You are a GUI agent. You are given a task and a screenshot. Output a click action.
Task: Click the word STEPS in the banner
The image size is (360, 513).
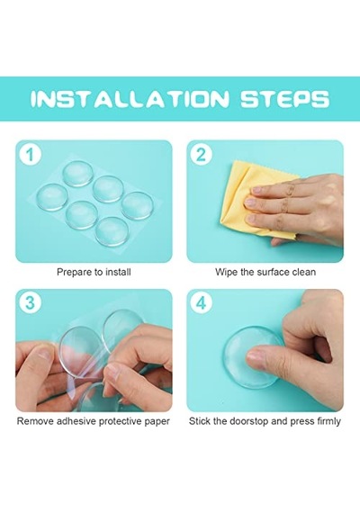[x=285, y=98]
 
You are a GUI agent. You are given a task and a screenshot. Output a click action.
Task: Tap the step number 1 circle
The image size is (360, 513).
[x=30, y=155]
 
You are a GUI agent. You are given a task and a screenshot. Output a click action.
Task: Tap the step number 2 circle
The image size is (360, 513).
[x=202, y=155]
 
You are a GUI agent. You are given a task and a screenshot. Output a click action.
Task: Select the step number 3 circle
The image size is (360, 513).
[x=30, y=303]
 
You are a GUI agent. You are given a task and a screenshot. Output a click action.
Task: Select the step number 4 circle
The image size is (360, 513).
[x=202, y=303]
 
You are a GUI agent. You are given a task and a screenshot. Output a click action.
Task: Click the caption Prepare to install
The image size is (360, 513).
[x=94, y=272]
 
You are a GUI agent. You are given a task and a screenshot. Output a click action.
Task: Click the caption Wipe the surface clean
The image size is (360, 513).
[x=265, y=272]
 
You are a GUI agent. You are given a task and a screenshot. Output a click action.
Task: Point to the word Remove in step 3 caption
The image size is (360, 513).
[x=35, y=421]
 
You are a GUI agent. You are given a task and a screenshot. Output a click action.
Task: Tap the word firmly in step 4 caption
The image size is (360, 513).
[x=328, y=421]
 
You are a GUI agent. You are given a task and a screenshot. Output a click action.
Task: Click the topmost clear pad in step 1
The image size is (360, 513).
[x=77, y=174]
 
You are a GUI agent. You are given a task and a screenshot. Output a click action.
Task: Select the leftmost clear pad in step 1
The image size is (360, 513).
[x=52, y=197]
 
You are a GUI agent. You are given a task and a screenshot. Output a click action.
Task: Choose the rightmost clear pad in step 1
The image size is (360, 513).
[x=137, y=206]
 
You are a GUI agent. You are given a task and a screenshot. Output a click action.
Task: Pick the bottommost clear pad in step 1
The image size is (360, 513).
[x=112, y=232]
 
